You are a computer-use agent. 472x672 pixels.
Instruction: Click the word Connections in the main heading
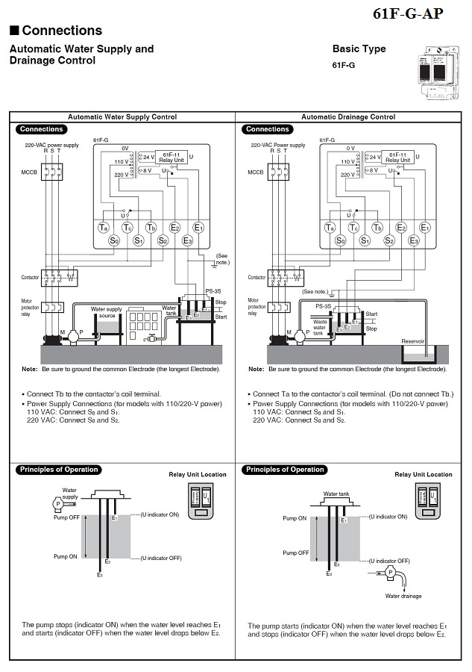(62, 31)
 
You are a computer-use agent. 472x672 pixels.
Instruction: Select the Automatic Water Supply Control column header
(122, 117)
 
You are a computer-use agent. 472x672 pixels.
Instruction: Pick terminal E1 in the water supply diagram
(198, 227)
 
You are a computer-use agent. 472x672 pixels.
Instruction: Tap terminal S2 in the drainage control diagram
(389, 240)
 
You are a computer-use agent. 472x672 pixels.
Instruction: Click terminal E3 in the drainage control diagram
(414, 240)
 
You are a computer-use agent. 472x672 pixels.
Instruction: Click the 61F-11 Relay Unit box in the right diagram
(397, 158)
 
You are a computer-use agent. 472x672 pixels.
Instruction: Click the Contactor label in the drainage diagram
(256, 277)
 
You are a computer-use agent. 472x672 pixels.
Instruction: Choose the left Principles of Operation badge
(59, 470)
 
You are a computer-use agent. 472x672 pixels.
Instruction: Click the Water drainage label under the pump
(403, 596)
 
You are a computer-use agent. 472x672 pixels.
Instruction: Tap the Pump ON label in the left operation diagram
(65, 557)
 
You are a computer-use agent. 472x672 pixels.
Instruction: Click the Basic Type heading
(359, 49)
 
